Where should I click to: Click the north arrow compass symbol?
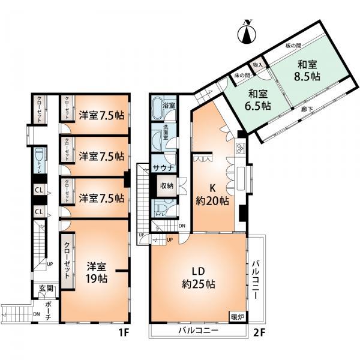(x=247, y=33)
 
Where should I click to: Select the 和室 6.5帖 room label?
(x=256, y=99)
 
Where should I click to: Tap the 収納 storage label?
(x=166, y=186)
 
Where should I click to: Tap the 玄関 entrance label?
(x=46, y=289)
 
